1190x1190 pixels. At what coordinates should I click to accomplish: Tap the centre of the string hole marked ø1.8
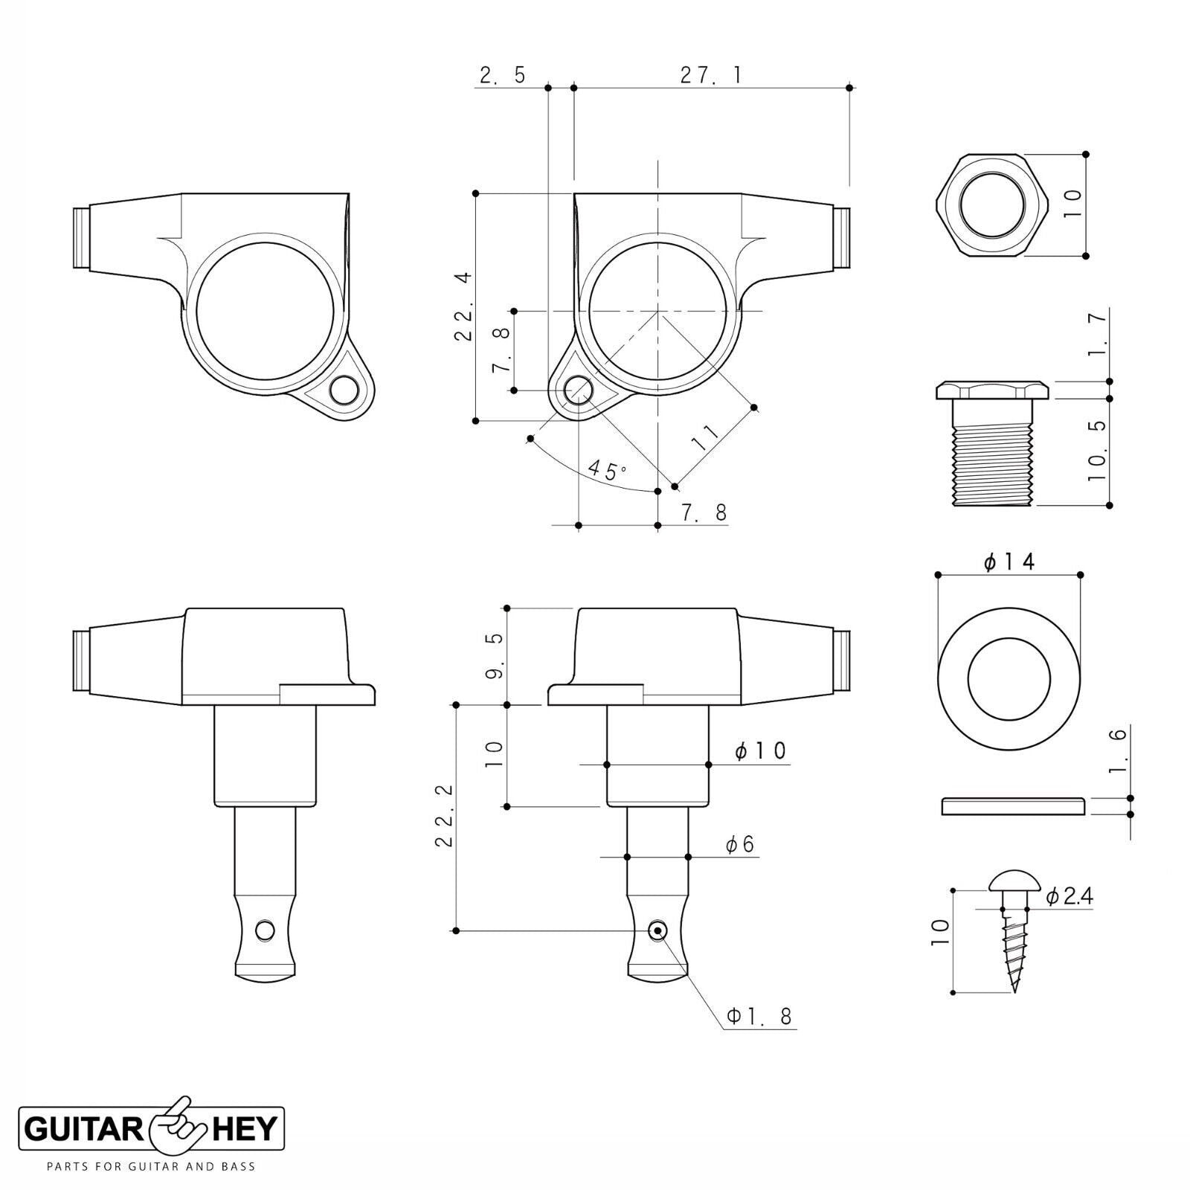click(657, 930)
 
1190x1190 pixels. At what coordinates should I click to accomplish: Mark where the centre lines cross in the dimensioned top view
click(657, 310)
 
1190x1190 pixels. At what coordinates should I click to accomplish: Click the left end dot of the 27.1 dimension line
click(573, 88)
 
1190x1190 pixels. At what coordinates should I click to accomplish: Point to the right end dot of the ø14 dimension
click(1080, 575)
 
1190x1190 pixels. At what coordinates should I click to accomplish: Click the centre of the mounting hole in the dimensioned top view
click(579, 389)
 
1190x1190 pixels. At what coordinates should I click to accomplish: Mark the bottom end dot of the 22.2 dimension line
click(456, 930)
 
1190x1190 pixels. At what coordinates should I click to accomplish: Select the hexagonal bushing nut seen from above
click(991, 205)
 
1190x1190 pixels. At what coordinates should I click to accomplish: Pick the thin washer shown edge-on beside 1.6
click(1013, 806)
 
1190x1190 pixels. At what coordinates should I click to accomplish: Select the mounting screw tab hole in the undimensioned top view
click(343, 390)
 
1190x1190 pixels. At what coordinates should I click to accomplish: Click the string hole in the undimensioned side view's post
click(265, 930)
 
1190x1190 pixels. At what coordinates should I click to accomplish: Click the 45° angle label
click(607, 471)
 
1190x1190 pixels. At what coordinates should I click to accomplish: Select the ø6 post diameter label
click(740, 845)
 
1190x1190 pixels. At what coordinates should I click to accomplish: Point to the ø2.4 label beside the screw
click(1069, 897)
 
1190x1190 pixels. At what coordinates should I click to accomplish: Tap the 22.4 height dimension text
click(463, 306)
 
